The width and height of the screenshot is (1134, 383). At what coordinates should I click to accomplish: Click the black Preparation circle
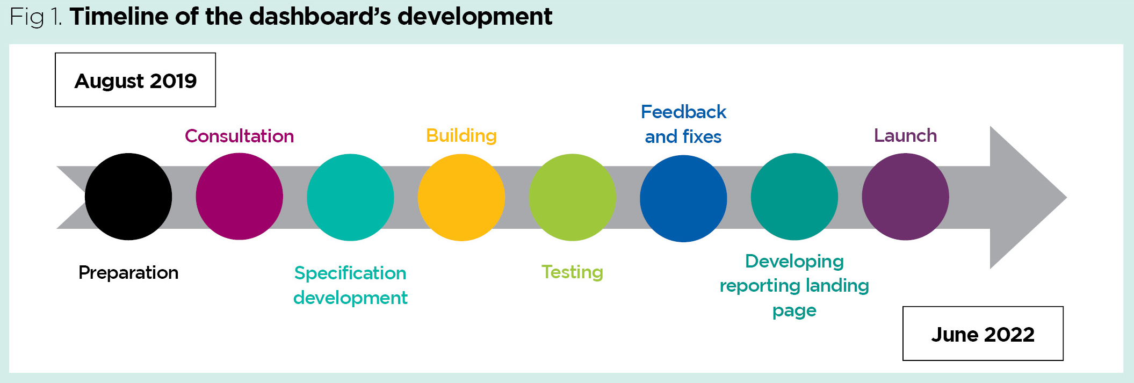click(x=128, y=197)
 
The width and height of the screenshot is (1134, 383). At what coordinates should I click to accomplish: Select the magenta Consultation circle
click(x=239, y=197)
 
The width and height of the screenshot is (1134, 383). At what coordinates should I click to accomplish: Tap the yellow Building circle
click(x=461, y=197)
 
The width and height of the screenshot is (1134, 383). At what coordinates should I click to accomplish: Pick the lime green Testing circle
click(x=572, y=197)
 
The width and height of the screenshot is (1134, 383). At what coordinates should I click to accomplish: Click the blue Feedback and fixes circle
click(x=683, y=198)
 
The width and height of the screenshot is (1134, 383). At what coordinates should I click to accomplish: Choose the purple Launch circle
click(x=905, y=197)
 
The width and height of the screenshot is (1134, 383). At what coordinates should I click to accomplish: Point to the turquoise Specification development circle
click(x=350, y=197)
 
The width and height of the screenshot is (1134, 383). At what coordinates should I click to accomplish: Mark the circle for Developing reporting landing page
click(x=794, y=197)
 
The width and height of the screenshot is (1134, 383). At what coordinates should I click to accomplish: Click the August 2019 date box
click(x=135, y=80)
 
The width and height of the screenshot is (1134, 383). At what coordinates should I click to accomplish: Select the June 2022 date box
click(x=983, y=334)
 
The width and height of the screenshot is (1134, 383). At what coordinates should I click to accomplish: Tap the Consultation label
click(x=239, y=136)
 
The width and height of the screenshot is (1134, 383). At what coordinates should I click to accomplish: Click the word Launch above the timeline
click(x=905, y=135)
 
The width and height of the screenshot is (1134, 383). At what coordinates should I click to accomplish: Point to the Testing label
click(x=572, y=272)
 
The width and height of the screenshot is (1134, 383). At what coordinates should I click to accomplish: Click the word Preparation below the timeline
click(x=128, y=272)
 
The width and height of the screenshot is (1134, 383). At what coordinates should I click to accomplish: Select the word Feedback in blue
click(x=683, y=112)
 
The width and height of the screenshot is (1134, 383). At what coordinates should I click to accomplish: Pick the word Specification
click(x=350, y=273)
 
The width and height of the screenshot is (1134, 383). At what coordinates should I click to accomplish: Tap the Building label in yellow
click(x=461, y=135)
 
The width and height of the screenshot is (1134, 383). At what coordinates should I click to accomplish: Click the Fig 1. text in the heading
click(x=35, y=17)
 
